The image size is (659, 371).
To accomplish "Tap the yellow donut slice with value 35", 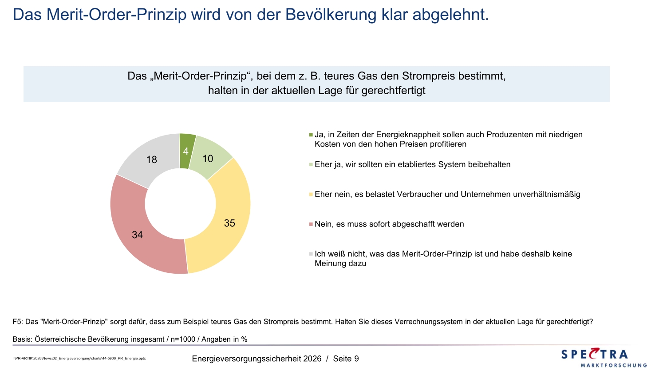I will point(229,223).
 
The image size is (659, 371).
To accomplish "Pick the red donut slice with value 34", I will point(138,235).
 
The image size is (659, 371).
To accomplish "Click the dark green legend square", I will point(311,135).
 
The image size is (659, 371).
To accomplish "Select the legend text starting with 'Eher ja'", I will point(412,164).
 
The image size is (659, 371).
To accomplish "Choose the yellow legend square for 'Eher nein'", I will point(311,195).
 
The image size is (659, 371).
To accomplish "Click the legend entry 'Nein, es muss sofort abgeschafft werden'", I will point(389,224).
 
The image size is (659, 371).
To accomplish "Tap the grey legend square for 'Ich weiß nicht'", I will point(311,254).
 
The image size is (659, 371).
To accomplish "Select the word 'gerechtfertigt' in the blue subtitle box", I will point(393,91).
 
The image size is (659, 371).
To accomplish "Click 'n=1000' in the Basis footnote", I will point(183,339).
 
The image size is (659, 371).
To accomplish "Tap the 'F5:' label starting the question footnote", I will point(18,322).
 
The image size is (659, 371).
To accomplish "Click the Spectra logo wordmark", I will point(595,354).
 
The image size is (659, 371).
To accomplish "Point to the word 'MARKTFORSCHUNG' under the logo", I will point(613,365).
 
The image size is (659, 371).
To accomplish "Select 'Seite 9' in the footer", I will point(346,359).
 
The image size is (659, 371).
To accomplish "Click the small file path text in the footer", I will point(79,358).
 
